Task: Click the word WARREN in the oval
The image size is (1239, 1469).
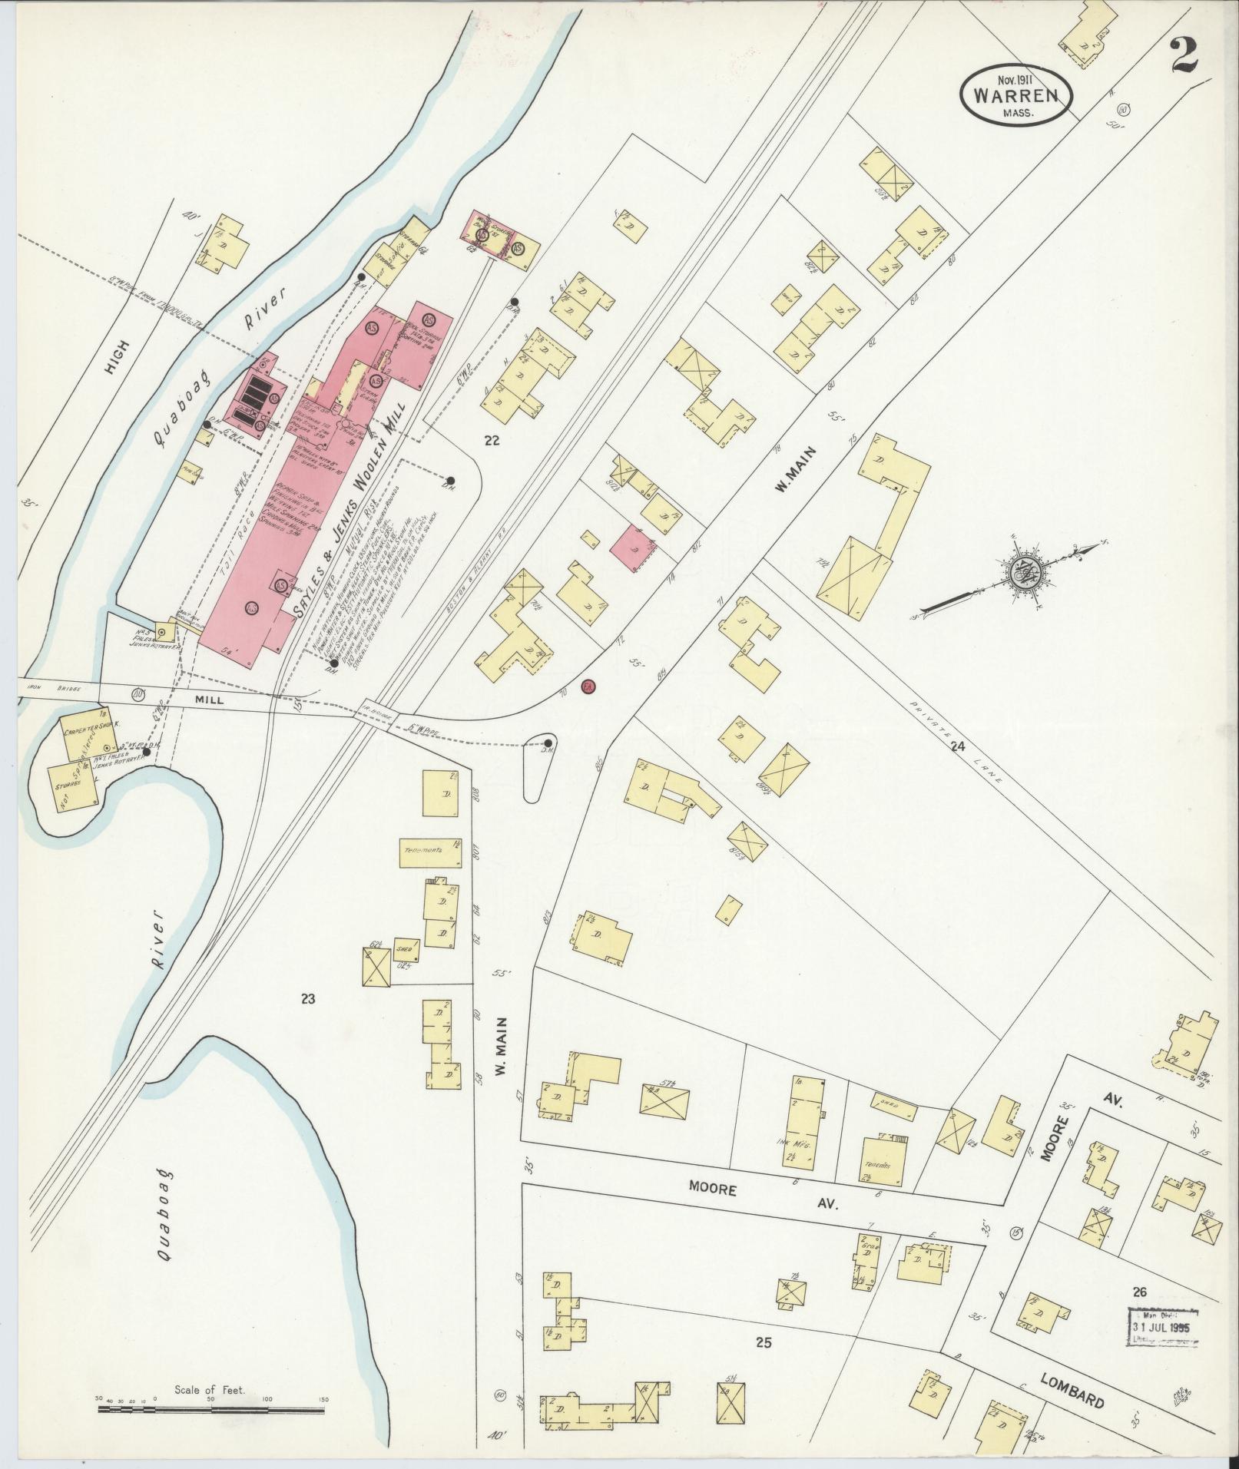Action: [x=1017, y=96]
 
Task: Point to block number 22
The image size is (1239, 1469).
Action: [x=492, y=440]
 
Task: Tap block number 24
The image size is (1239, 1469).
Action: [x=956, y=746]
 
